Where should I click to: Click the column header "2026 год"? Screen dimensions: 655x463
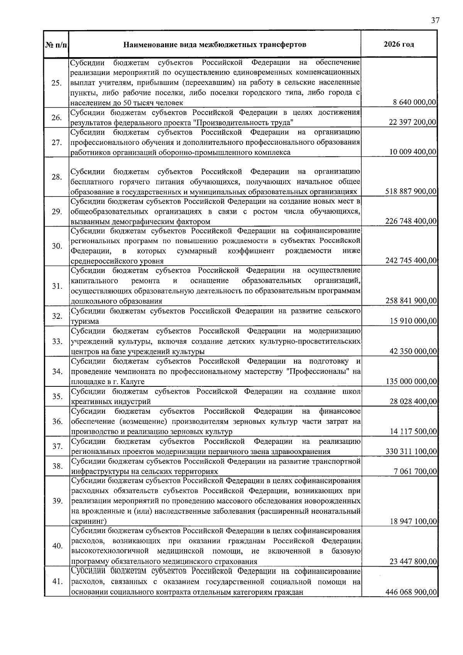pyautogui.click(x=399, y=44)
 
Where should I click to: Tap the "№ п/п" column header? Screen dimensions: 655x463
pyautogui.click(x=56, y=45)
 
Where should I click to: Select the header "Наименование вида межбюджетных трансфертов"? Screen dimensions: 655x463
pyautogui.click(x=215, y=45)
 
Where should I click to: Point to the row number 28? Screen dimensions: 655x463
pyautogui.click(x=57, y=177)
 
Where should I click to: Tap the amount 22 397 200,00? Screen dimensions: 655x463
pyautogui.click(x=412, y=122)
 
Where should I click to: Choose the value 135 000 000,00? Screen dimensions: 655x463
pyautogui.click(x=411, y=382)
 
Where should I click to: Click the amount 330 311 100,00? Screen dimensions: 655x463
pyautogui.click(x=411, y=452)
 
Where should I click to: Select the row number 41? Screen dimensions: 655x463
pyautogui.click(x=57, y=582)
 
